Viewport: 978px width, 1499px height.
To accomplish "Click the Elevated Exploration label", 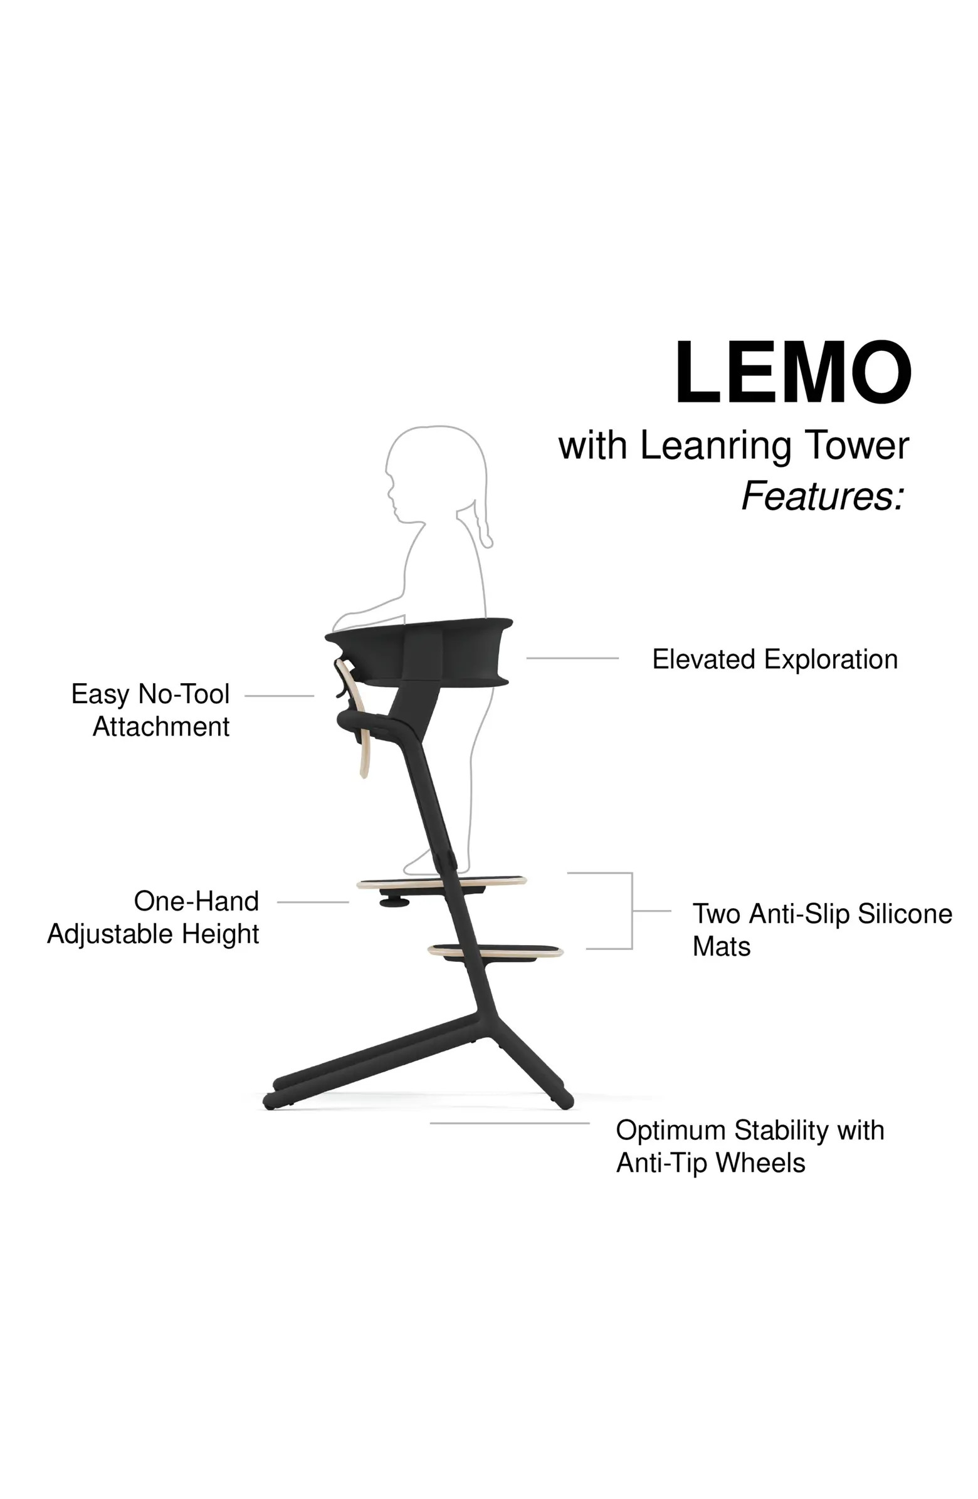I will click(x=774, y=659).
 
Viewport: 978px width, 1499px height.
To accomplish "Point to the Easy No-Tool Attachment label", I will click(x=151, y=710).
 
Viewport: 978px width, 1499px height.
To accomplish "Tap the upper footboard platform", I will click(x=441, y=882).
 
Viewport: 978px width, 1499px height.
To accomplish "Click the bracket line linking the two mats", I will click(x=631, y=911).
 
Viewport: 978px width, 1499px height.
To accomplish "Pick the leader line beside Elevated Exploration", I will click(x=572, y=658).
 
